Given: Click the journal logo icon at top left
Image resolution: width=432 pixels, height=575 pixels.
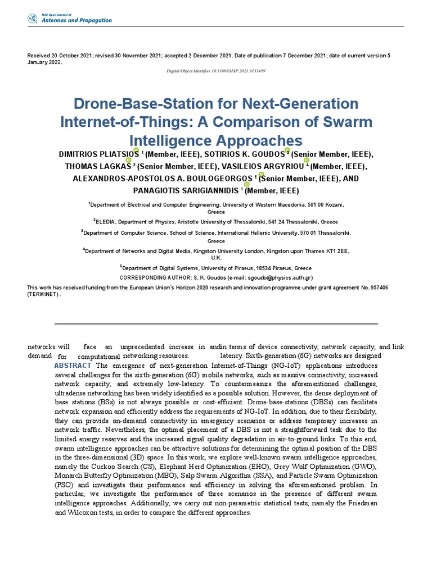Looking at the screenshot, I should pyautogui.click(x=32, y=19).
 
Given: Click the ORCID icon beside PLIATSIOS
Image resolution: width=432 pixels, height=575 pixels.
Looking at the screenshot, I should pyautogui.click(x=136, y=150).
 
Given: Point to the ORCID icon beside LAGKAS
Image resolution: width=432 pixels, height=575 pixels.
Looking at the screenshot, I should pyautogui.click(x=128, y=160).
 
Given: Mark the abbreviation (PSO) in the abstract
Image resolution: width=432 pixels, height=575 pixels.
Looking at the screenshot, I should pyautogui.click(x=65, y=484).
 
